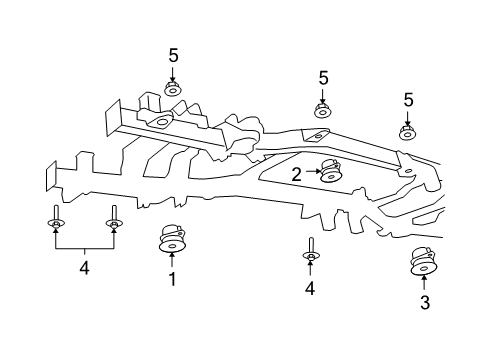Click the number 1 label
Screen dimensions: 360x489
click(x=171, y=281)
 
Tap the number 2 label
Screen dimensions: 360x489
click(x=297, y=173)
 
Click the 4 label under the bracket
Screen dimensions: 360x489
click(x=83, y=268)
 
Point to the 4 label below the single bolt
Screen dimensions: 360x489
click(x=310, y=289)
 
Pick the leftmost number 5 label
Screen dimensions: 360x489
click(x=172, y=55)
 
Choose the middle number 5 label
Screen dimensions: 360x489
click(x=323, y=77)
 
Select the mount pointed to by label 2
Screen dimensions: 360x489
click(x=331, y=174)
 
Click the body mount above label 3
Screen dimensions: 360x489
click(x=425, y=262)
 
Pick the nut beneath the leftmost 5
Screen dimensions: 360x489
click(x=172, y=90)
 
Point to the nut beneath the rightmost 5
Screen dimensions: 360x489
click(x=408, y=132)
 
